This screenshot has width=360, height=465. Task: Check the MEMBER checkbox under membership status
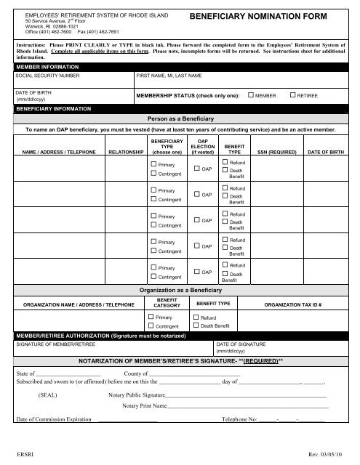click(251, 95)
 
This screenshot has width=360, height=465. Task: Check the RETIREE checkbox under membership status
click(293, 95)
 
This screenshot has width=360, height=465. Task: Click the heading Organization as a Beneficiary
click(179, 290)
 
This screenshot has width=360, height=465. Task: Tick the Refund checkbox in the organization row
click(196, 318)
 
